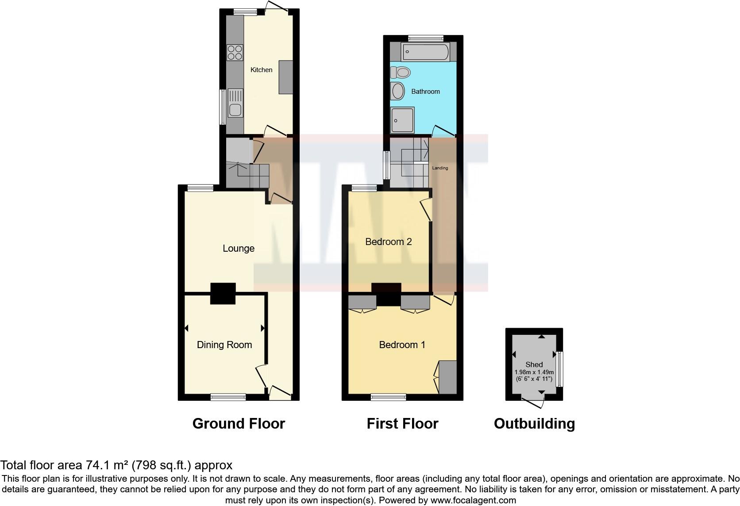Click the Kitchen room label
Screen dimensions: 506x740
point(261,70)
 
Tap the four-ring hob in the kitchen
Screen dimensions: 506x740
point(235,53)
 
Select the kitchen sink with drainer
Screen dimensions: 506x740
point(235,103)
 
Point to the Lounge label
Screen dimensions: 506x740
point(238,249)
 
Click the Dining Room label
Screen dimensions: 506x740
point(224,345)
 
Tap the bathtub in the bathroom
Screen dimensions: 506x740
point(425,52)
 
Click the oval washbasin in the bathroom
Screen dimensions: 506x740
point(398,92)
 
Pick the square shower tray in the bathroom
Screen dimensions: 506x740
point(402,119)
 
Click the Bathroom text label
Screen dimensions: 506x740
point(425,92)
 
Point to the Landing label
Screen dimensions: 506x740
point(440,168)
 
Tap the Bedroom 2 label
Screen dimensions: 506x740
point(388,242)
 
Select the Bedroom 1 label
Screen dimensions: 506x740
point(402,345)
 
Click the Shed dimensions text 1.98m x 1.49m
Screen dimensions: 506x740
point(534,372)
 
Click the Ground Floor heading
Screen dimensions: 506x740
point(239,424)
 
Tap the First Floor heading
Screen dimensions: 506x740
point(402,424)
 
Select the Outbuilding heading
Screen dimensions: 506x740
point(534,424)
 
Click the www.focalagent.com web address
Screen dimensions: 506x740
point(473,500)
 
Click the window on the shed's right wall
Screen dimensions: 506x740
point(559,368)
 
